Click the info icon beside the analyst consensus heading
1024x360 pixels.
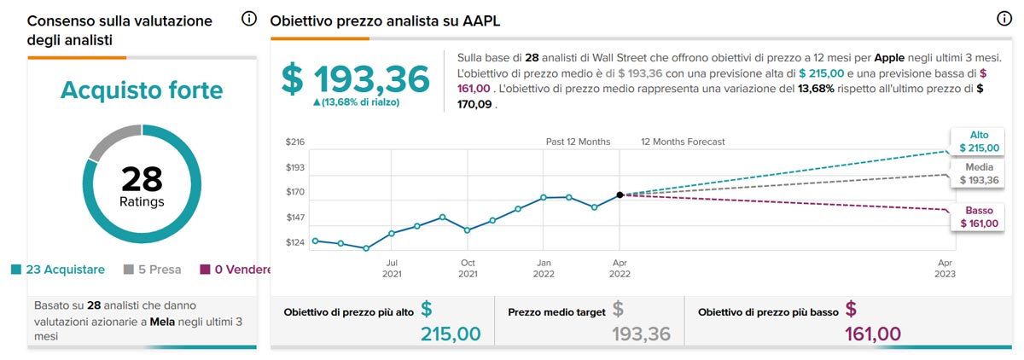[x=249, y=19]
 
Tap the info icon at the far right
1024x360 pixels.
[x=1004, y=19]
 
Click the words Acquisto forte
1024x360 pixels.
[x=142, y=90]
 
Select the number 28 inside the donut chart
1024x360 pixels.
[x=142, y=179]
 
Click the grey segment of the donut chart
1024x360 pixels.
[x=111, y=141]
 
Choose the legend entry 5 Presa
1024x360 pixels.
[x=153, y=270]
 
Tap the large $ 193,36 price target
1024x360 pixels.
[x=356, y=79]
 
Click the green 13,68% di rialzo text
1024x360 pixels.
[x=357, y=102]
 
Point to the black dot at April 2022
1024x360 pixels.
[x=620, y=195]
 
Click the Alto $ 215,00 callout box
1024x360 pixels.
[x=978, y=142]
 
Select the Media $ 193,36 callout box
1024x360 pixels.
[x=978, y=174]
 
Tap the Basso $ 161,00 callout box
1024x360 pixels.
[x=978, y=218]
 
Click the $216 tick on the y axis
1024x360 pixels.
[x=294, y=142]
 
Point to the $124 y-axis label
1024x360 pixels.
[x=294, y=243]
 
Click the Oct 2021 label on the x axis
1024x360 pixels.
[x=468, y=269]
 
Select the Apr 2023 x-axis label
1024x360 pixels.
[x=945, y=269]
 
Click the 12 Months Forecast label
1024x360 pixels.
[x=683, y=142]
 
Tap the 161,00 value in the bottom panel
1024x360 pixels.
[x=873, y=334]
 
